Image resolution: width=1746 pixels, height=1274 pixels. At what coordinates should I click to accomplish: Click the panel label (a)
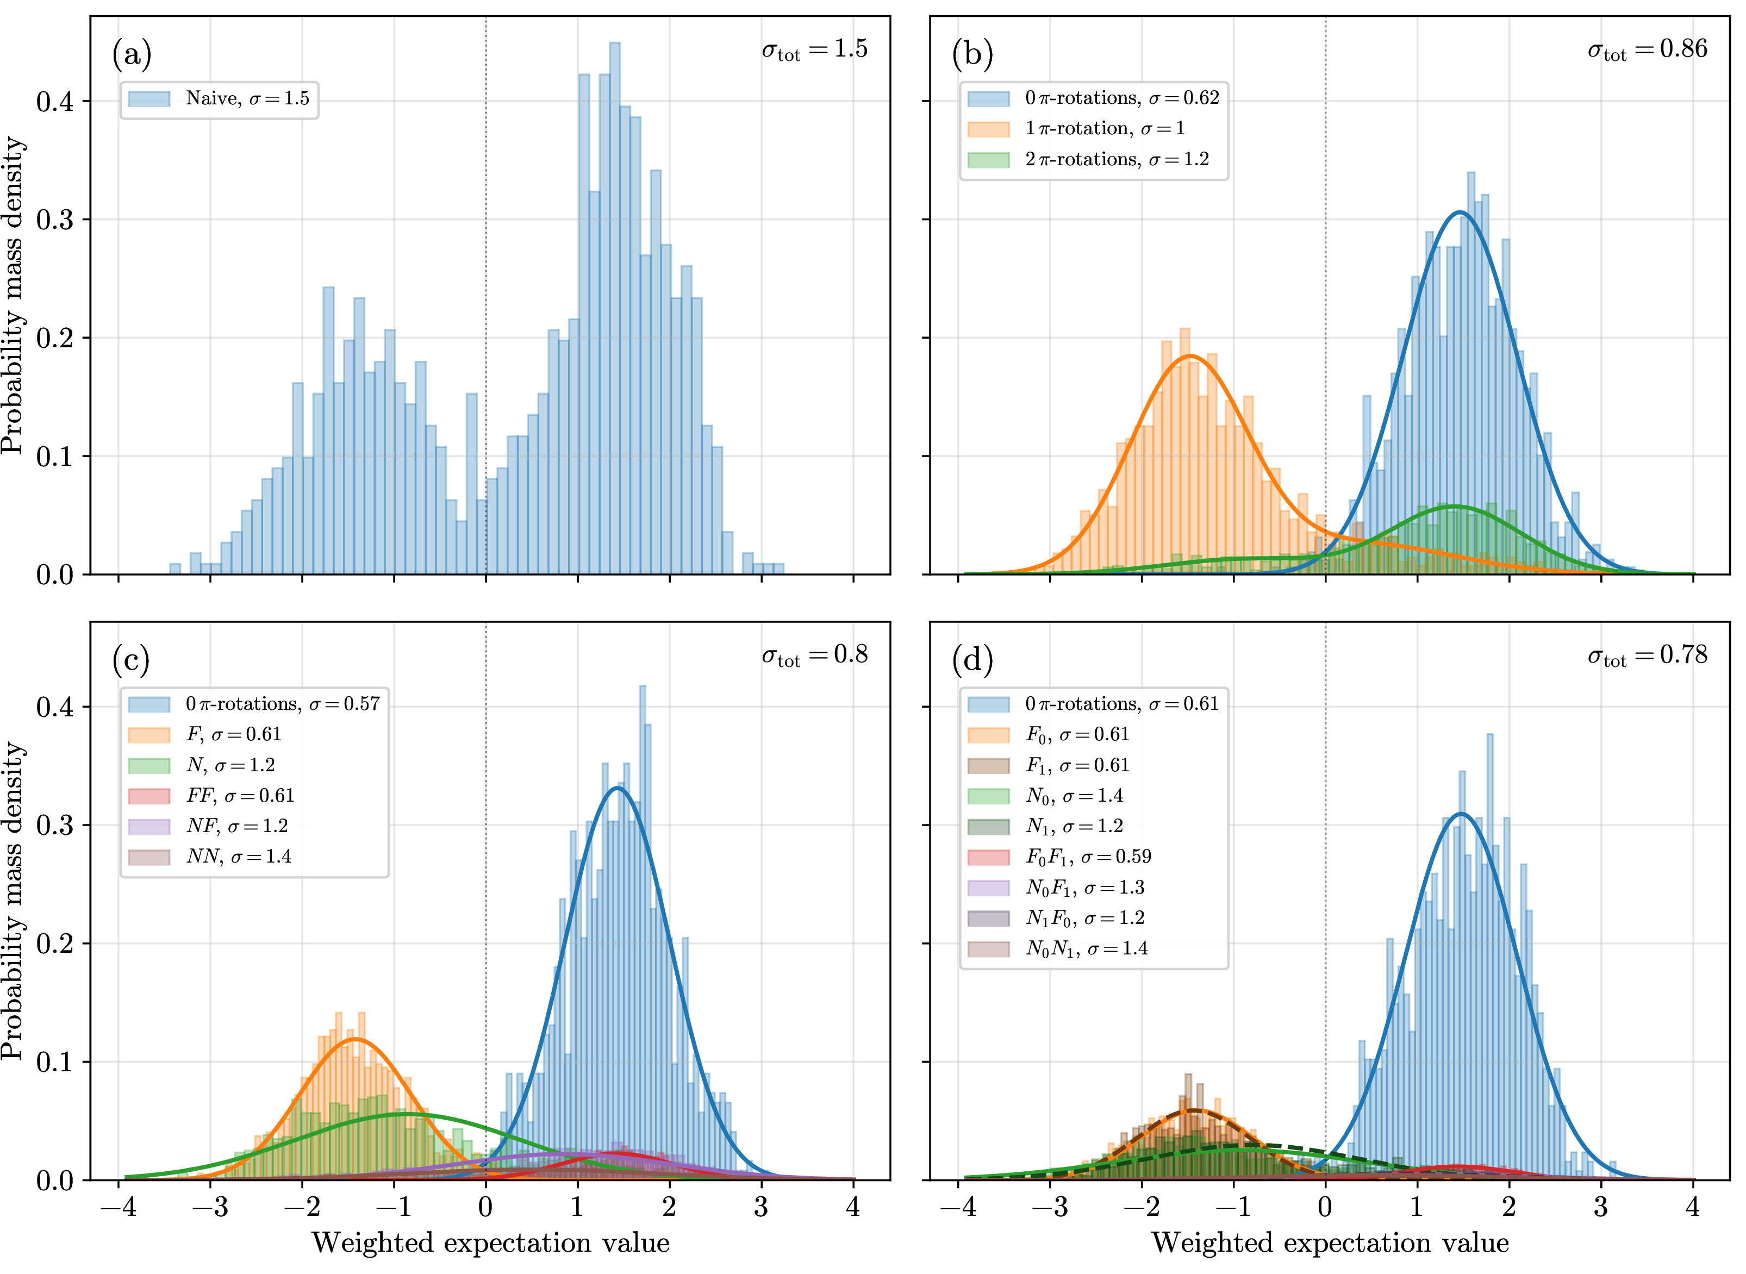tap(132, 54)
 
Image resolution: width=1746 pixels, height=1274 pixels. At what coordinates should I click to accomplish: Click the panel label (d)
tap(972, 660)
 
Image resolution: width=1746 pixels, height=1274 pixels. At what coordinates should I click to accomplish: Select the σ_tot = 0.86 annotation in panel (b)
tap(1647, 50)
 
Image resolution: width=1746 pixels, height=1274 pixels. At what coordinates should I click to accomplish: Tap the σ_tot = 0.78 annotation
tap(1647, 656)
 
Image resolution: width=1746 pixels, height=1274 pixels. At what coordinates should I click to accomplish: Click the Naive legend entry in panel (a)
tap(219, 99)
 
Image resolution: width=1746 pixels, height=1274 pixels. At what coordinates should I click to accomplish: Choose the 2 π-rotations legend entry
tap(1089, 160)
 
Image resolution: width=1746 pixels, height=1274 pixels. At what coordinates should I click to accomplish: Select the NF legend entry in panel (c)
tap(208, 826)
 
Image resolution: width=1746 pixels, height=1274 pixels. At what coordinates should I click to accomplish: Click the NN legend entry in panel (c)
tap(210, 857)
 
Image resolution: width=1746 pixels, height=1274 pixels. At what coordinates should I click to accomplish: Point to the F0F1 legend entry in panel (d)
tap(1059, 857)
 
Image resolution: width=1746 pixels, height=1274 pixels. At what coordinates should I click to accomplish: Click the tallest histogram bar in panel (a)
tap(615, 309)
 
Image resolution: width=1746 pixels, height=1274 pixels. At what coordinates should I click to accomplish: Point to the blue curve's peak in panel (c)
tap(617, 788)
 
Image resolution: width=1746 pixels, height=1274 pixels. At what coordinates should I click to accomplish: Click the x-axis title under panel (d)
tap(1330, 1243)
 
